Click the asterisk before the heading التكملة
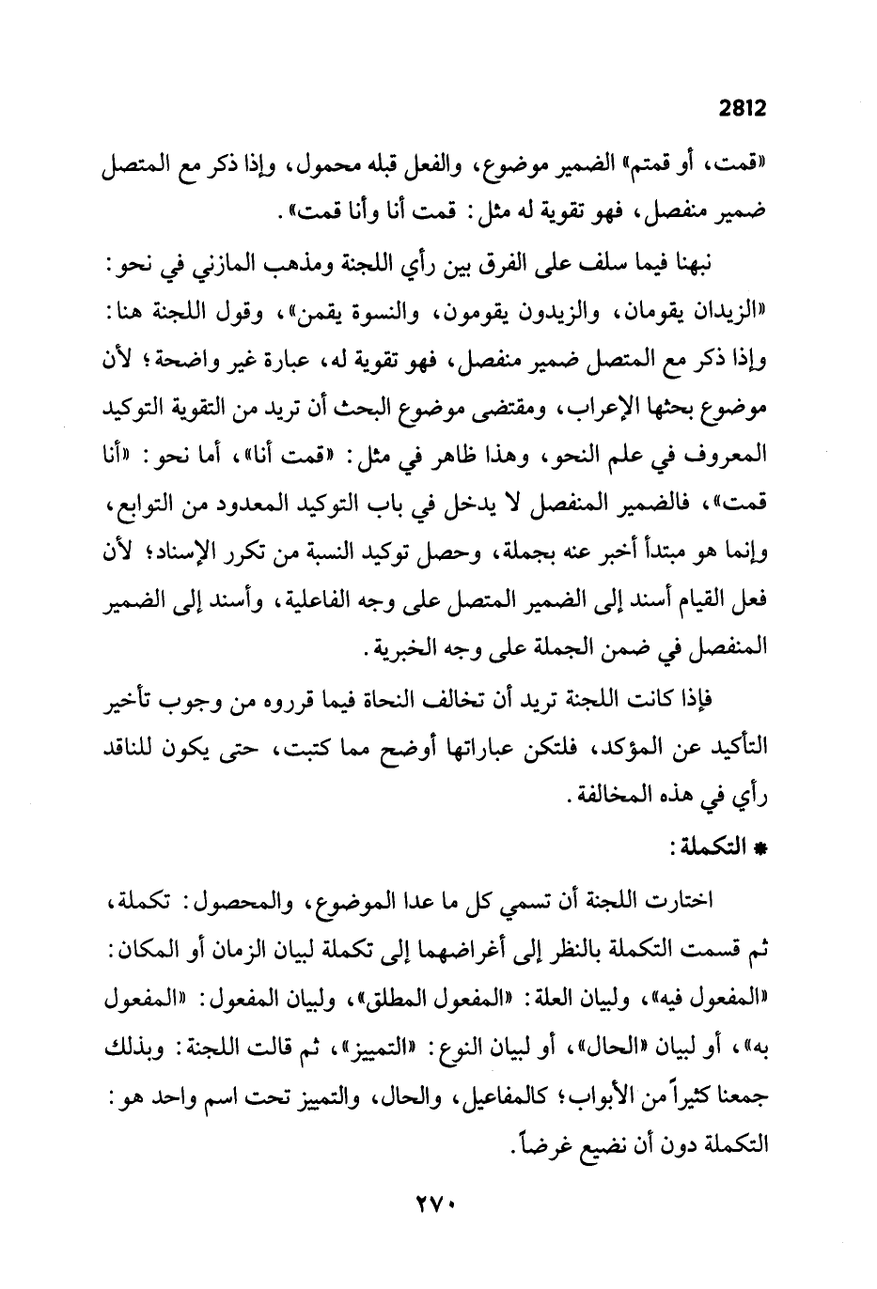tap(761, 848)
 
